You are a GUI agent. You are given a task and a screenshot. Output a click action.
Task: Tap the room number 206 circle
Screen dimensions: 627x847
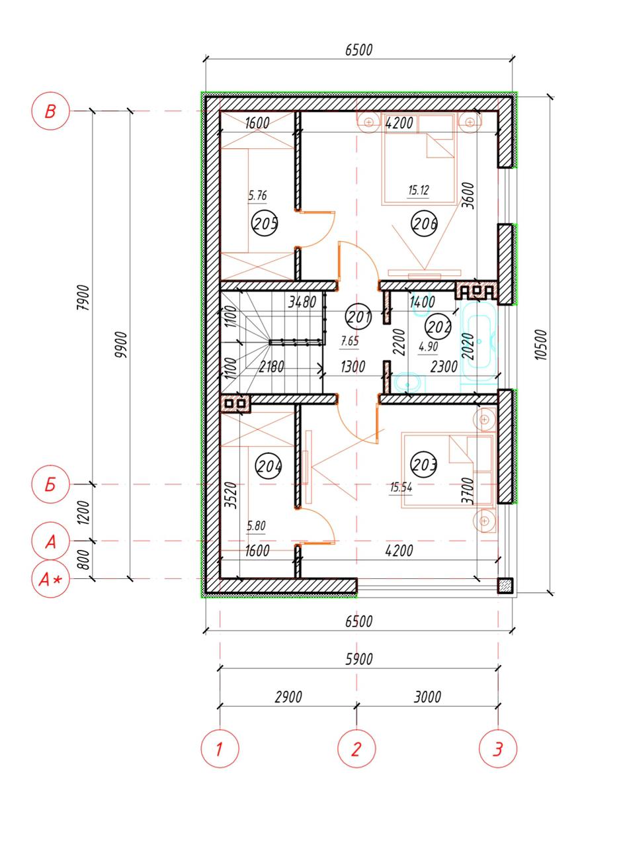[424, 222]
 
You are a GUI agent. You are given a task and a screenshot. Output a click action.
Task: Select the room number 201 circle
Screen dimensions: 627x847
[358, 316]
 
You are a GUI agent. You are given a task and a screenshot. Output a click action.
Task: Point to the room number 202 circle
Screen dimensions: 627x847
[439, 326]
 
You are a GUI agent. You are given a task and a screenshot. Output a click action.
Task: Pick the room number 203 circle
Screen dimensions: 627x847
[424, 465]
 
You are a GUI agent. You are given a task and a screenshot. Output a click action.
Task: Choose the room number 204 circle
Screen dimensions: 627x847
[269, 466]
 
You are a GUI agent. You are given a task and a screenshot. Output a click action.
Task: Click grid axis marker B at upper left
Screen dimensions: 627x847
[50, 111]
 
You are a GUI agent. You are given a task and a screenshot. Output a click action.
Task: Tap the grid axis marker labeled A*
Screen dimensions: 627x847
[50, 579]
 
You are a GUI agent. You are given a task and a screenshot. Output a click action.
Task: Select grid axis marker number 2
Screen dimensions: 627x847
[356, 749]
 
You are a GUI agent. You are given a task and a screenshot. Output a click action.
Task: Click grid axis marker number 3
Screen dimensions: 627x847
[497, 749]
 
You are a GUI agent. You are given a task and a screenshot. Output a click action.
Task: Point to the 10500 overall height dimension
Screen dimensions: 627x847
[541, 345]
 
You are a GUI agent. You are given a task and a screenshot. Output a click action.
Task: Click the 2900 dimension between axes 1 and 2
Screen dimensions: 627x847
[288, 697]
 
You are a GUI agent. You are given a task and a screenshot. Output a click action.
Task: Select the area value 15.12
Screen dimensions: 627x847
[419, 190]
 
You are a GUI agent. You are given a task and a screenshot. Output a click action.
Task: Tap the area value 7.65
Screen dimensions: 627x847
[350, 341]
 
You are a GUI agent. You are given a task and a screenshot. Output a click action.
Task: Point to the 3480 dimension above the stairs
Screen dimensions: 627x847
[302, 302]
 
